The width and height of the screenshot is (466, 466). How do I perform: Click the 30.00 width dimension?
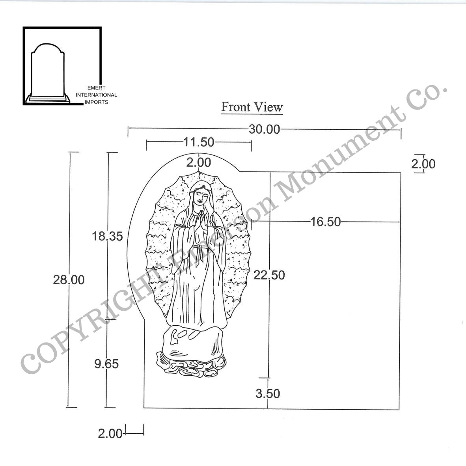click(x=264, y=129)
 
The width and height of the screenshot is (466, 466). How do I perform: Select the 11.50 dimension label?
click(x=198, y=142)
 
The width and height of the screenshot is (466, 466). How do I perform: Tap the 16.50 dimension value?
click(x=325, y=222)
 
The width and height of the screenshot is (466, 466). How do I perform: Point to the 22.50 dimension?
click(x=269, y=275)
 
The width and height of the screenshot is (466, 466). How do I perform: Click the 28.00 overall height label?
click(x=69, y=280)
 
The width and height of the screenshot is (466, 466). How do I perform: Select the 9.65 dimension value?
click(x=106, y=364)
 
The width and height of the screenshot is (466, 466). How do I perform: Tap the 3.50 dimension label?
click(x=268, y=393)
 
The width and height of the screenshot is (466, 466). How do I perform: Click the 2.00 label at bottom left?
click(x=110, y=434)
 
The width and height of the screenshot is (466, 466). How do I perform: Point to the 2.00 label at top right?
click(x=423, y=164)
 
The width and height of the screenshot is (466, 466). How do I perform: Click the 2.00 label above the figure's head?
click(x=199, y=162)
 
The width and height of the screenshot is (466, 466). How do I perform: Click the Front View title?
click(x=252, y=107)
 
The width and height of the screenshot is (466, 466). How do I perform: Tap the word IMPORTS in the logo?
click(x=97, y=102)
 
